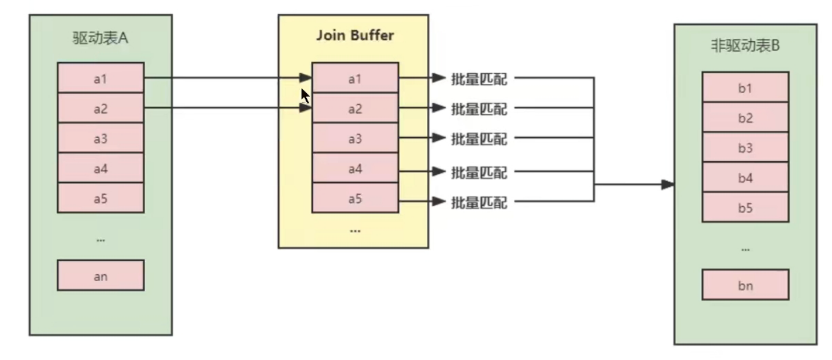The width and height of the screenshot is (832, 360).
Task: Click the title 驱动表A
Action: coord(101,38)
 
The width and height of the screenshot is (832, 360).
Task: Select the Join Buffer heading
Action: coord(355,35)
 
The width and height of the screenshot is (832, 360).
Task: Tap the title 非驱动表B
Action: coord(745,46)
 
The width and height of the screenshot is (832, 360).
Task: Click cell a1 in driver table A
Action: coord(101,78)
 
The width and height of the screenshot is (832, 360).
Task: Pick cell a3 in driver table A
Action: coord(101,138)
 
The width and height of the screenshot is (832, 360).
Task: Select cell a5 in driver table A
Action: coord(101,198)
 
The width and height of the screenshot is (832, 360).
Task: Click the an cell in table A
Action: coord(101,275)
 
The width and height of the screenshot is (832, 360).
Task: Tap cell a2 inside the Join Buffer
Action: coord(355,108)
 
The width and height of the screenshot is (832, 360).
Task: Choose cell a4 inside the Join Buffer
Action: coord(355,168)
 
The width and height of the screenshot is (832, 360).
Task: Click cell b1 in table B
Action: coord(746,87)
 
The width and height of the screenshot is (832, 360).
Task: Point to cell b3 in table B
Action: coord(746,147)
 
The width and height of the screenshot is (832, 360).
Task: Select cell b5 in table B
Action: coord(746,207)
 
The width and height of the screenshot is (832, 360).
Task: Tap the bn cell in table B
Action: coord(746,285)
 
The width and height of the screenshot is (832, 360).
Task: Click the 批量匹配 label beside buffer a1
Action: coord(479,79)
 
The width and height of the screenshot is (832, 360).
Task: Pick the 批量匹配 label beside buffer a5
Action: coord(479,203)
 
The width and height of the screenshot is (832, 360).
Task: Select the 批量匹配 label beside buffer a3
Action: coord(479,139)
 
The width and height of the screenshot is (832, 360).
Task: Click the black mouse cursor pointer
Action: coord(305,96)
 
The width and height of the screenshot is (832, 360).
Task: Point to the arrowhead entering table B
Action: coord(668,184)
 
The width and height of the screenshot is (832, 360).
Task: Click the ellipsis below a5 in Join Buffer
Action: coord(355,231)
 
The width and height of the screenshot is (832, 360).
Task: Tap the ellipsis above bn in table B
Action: coord(746,250)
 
